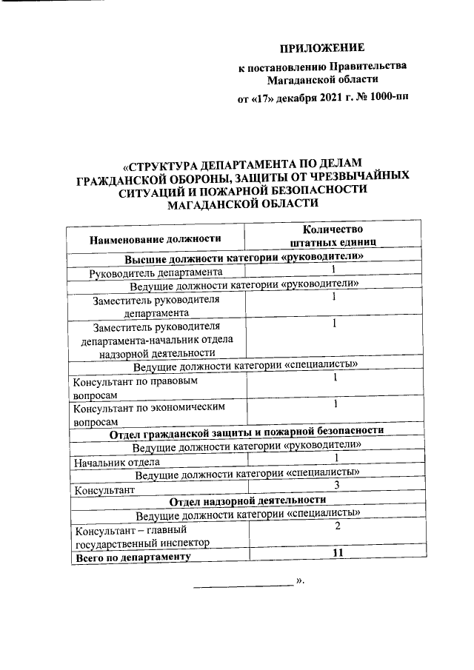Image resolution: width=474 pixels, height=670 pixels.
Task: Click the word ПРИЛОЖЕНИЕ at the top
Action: pos(322,49)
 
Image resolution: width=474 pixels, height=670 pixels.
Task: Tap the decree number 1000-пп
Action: pos(387,96)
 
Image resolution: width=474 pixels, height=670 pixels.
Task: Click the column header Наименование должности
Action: pos(156,238)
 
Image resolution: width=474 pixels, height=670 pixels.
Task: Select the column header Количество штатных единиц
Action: pos(331,235)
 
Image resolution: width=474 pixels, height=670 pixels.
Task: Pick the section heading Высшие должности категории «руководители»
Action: pos(244,258)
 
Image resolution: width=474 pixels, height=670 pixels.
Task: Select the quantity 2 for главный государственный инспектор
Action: pos(336,526)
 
